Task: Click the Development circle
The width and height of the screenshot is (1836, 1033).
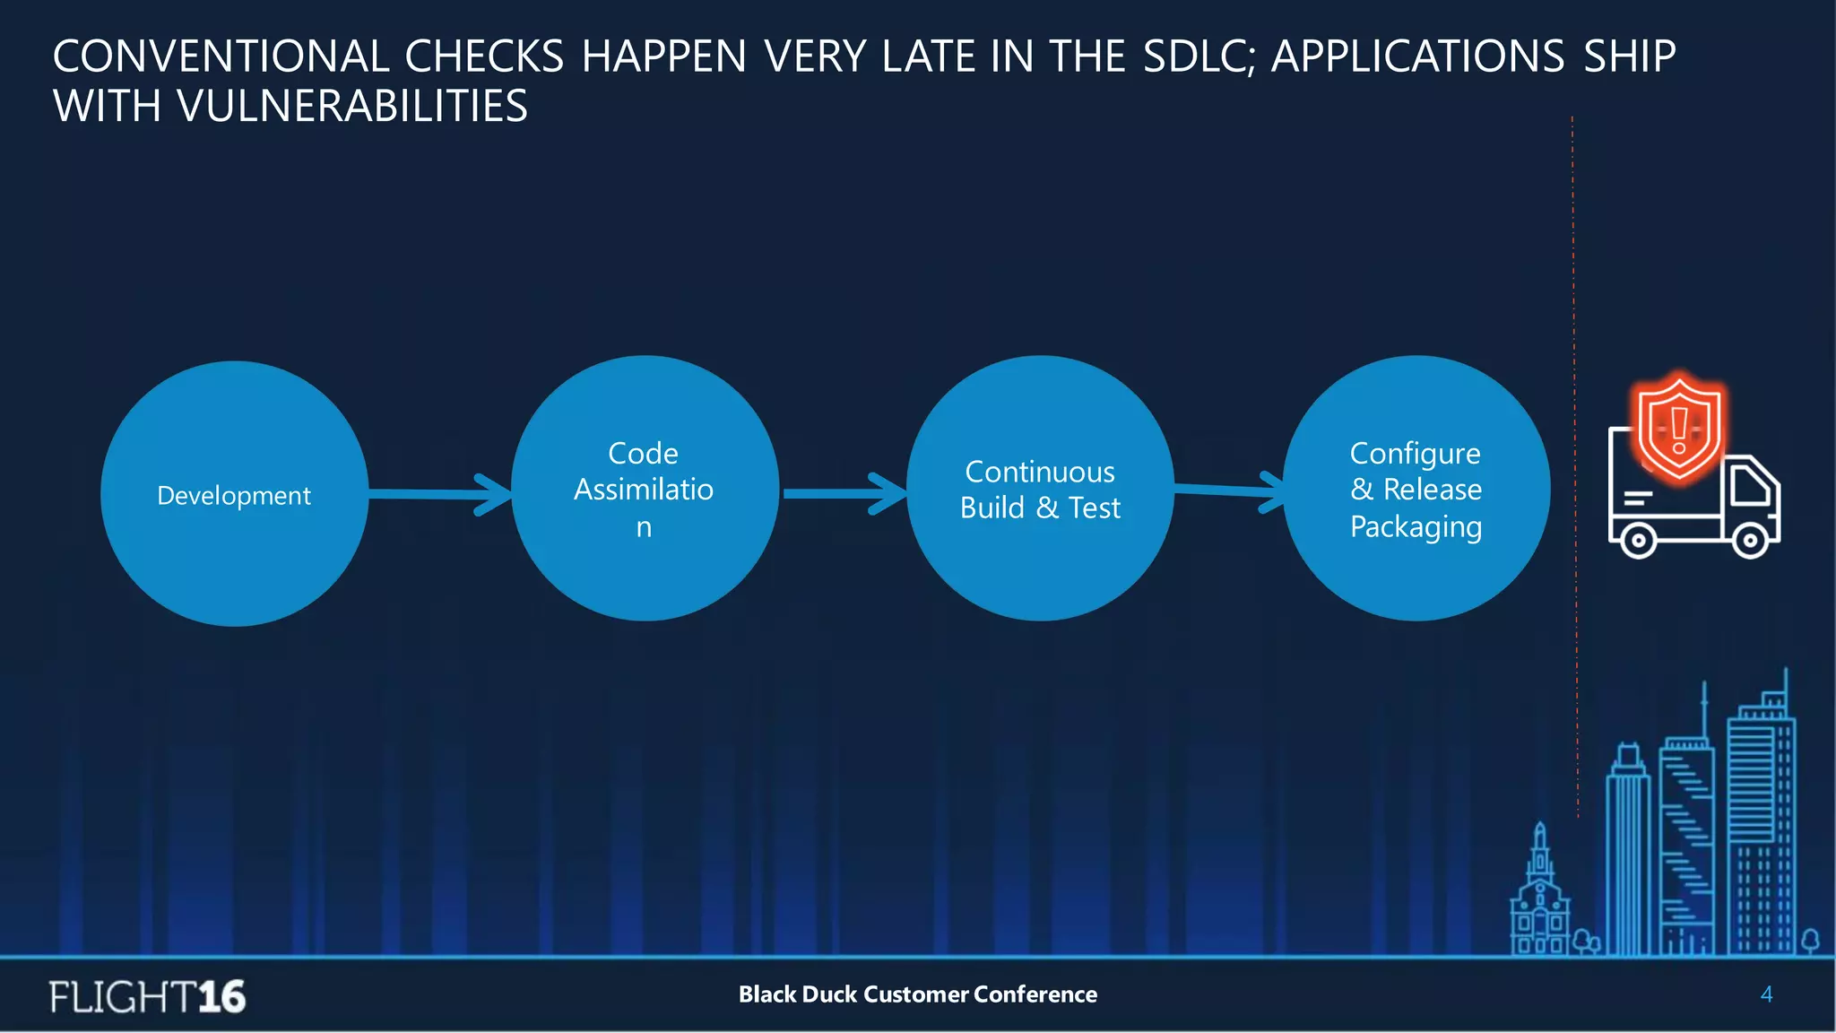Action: (234, 494)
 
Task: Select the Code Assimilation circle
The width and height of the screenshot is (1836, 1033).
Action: (644, 489)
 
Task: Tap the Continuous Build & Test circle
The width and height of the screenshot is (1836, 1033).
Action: (1040, 489)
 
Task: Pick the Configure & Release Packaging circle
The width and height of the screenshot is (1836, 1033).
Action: (1416, 489)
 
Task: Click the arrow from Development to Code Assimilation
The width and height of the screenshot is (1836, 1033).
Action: (439, 494)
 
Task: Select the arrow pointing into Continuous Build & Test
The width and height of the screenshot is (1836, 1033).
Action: (843, 494)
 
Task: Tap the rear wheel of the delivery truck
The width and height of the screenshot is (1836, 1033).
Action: (1638, 541)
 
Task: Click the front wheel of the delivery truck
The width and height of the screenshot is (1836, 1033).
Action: (1749, 541)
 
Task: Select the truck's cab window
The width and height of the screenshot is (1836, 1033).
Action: (1750, 487)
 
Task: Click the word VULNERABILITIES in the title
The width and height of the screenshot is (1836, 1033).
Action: (352, 107)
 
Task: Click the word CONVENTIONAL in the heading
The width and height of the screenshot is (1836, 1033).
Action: (221, 56)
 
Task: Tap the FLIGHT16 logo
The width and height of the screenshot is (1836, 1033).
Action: (148, 996)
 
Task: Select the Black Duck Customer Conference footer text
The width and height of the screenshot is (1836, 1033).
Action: (917, 994)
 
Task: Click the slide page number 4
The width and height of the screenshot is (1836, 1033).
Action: (1766, 994)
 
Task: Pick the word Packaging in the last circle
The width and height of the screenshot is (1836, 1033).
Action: (1416, 527)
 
